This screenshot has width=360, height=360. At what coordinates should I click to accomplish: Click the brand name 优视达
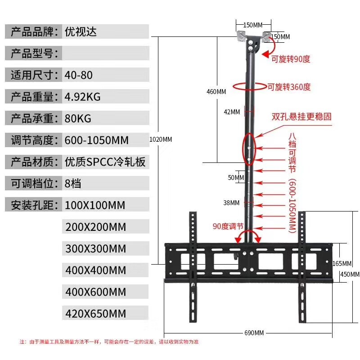point(81,32)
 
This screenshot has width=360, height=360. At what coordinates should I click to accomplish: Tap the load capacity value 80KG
point(78,118)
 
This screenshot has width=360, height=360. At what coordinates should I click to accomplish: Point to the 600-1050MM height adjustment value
point(97,140)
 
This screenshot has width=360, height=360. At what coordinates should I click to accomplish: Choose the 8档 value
point(73,183)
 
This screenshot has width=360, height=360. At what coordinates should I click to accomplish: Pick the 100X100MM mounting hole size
point(94,205)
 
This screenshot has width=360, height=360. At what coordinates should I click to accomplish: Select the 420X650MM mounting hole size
point(95,313)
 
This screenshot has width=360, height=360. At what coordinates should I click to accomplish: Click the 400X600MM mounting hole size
point(95,292)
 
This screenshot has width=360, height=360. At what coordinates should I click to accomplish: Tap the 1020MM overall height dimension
point(161,139)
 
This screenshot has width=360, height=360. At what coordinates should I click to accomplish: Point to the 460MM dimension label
point(216,92)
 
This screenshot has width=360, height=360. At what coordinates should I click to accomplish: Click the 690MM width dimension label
point(254,333)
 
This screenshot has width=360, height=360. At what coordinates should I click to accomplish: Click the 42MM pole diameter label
point(232,112)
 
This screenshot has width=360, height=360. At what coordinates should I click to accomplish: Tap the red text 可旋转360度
point(289,87)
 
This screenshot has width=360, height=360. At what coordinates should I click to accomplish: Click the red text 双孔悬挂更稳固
point(301,116)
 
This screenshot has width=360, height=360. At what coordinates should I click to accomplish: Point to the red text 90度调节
point(228,226)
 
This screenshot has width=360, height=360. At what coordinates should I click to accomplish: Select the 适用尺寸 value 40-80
point(79,75)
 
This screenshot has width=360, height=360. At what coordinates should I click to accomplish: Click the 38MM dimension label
point(232,203)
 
